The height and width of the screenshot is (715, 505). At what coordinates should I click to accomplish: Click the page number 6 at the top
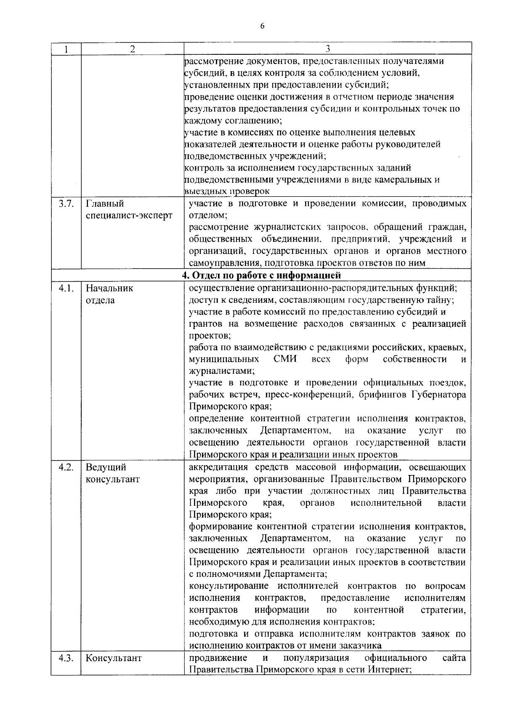click(x=262, y=26)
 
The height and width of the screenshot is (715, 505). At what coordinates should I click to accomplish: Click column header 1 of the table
click(x=66, y=49)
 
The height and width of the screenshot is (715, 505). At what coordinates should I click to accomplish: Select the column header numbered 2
click(x=132, y=49)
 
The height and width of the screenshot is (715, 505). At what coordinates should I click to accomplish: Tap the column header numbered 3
click(x=327, y=49)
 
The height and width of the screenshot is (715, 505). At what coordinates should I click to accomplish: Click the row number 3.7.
click(x=66, y=204)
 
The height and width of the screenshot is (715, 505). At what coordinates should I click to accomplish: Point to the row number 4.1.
click(x=66, y=288)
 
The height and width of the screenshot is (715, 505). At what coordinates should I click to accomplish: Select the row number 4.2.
click(x=66, y=467)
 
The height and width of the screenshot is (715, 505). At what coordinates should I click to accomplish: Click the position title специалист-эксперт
click(x=129, y=216)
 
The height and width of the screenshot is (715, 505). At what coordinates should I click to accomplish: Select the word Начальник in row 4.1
click(x=109, y=288)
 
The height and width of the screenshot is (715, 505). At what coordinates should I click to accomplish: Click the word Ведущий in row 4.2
click(x=106, y=467)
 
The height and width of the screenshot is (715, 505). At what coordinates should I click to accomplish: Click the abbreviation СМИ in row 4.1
click(x=285, y=359)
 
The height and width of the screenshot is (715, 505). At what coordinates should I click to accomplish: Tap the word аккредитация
click(x=217, y=467)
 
